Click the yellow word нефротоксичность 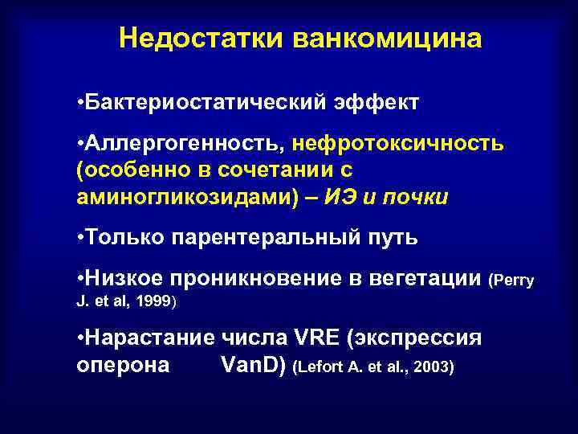(x=398, y=145)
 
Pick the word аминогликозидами (x=185, y=198)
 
